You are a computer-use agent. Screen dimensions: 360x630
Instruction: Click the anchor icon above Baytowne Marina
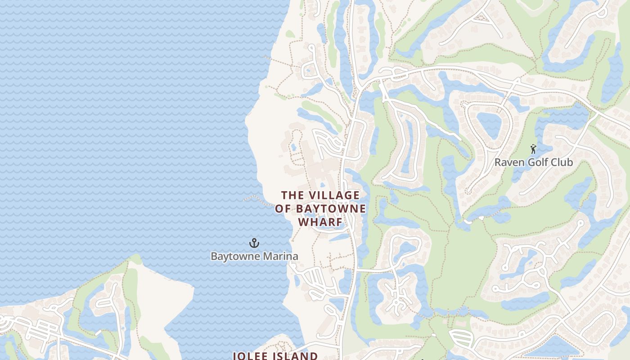tap(254, 243)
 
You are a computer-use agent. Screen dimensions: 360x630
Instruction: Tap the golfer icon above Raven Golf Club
tap(533, 148)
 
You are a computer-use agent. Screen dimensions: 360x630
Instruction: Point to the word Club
tap(562, 162)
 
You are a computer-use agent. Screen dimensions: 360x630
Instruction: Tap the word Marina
tap(281, 256)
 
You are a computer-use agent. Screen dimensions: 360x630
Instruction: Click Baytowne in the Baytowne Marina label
tap(235, 256)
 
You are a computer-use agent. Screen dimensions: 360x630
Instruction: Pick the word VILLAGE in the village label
tap(333, 195)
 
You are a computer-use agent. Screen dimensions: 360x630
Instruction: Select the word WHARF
tap(320, 223)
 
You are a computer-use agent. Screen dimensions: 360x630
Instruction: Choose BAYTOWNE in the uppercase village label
tap(330, 209)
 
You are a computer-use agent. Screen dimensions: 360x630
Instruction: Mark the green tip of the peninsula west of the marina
tap(135, 260)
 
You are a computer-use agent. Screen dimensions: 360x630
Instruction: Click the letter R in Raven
tap(498, 162)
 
